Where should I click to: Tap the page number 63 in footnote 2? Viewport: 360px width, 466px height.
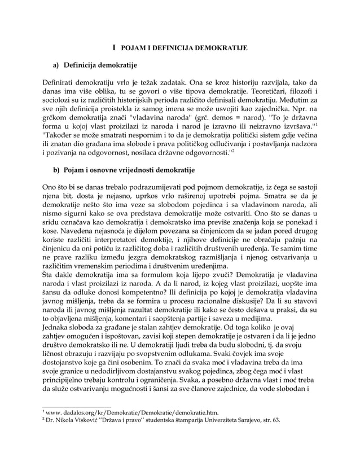tap(275, 421)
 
